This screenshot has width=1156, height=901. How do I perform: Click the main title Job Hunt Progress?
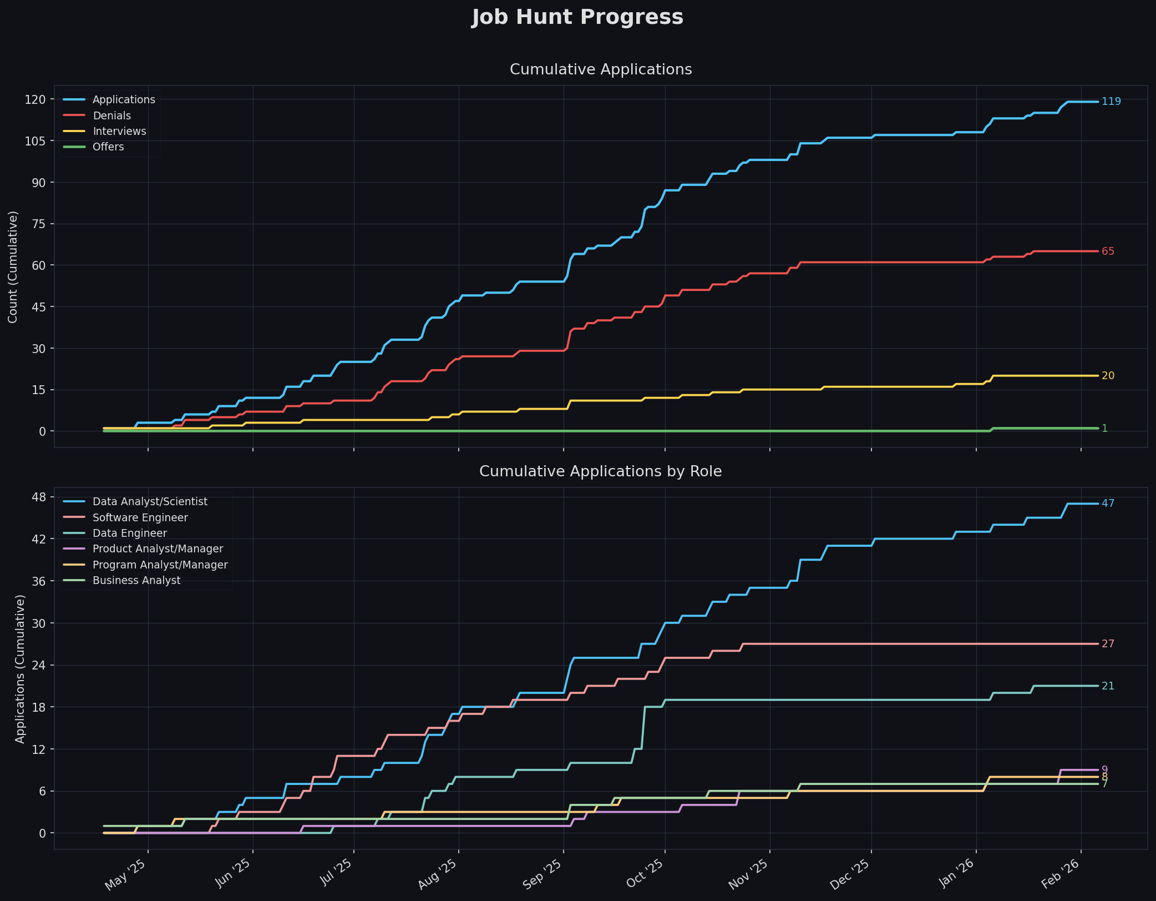pyautogui.click(x=577, y=18)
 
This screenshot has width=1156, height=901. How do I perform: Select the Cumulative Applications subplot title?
pyautogui.click(x=601, y=70)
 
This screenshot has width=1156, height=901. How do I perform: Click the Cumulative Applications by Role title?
pyautogui.click(x=601, y=472)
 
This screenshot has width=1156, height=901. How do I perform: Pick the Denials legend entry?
pyautogui.click(x=111, y=116)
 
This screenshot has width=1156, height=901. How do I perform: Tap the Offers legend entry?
pyautogui.click(x=108, y=147)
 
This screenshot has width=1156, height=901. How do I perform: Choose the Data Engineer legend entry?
pyautogui.click(x=129, y=533)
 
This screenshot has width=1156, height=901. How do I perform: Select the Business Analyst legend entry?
pyautogui.click(x=136, y=581)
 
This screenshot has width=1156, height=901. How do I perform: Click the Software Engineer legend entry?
pyautogui.click(x=140, y=518)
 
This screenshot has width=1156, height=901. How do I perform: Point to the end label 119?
pyautogui.click(x=1111, y=102)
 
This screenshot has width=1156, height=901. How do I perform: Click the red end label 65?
pyautogui.click(x=1108, y=251)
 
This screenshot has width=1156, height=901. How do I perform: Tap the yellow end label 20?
pyautogui.click(x=1108, y=376)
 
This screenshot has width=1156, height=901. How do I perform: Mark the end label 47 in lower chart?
pyautogui.click(x=1108, y=504)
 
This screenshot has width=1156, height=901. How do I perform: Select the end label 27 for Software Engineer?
pyautogui.click(x=1108, y=644)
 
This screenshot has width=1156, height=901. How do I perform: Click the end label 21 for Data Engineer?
pyautogui.click(x=1108, y=686)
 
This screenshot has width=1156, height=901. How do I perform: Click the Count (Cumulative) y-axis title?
pyautogui.click(x=13, y=266)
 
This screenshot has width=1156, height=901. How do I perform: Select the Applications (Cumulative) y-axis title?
pyautogui.click(x=20, y=668)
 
